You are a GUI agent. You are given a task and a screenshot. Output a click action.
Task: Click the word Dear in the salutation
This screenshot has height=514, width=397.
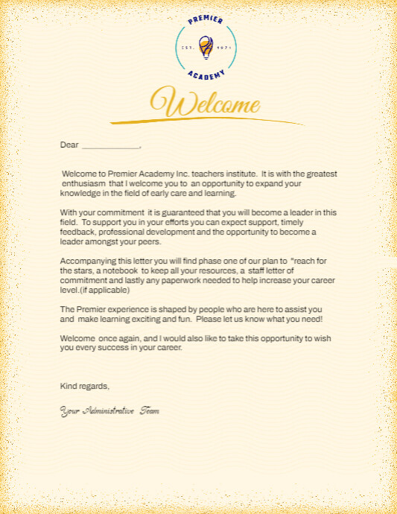(x=69, y=145)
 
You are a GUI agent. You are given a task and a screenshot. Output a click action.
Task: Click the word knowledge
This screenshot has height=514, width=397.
(x=78, y=193)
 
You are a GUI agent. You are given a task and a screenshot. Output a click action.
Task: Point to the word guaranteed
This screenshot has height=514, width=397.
(x=195, y=212)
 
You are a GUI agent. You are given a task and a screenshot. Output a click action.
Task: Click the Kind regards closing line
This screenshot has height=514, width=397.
(x=85, y=386)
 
